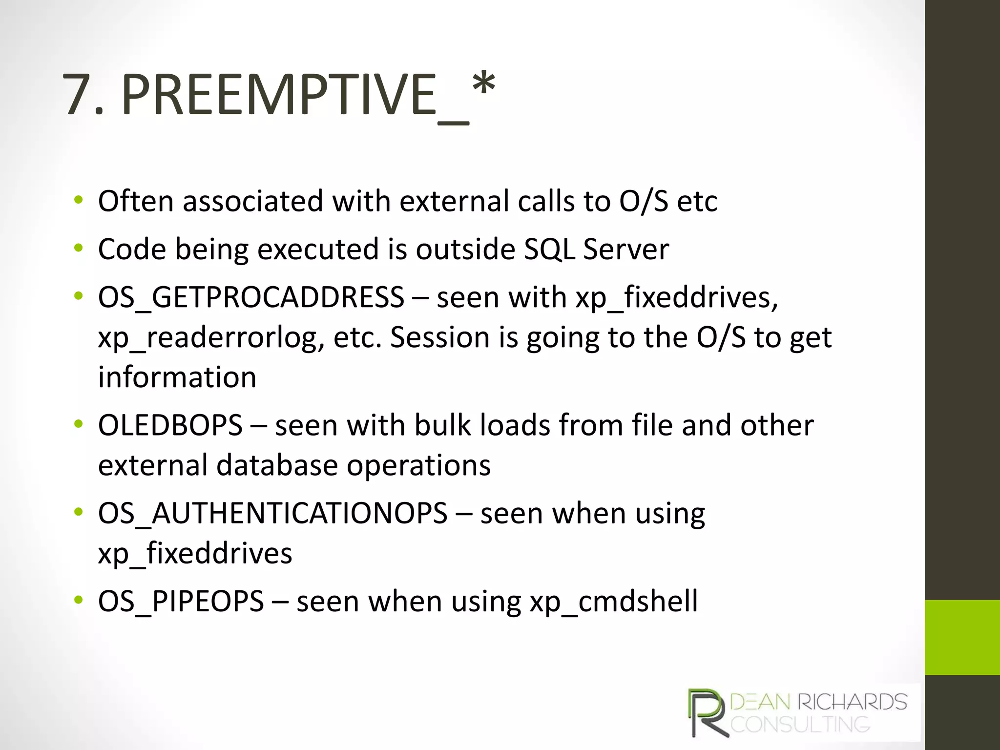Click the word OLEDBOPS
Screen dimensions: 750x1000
point(170,425)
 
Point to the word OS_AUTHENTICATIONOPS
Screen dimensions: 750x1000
point(272,513)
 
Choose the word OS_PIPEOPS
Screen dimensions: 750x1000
point(181,601)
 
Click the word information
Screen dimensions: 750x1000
point(177,377)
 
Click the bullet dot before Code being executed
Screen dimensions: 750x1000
point(78,249)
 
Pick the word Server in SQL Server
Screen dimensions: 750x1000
point(626,249)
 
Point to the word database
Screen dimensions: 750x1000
point(277,465)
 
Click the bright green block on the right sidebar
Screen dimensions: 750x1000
point(962,637)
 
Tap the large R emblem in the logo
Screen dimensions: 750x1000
point(707,713)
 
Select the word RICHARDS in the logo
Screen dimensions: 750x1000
point(852,702)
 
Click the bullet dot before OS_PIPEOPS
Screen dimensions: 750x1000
point(78,600)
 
